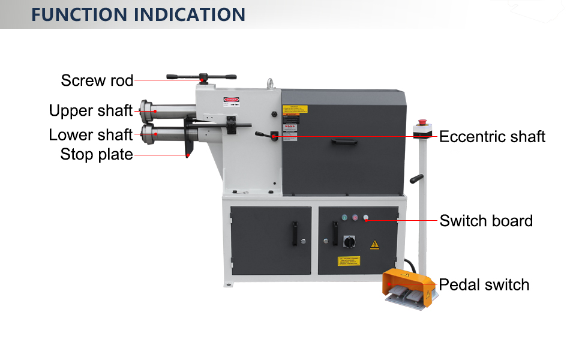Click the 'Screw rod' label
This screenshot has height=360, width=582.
point(97,80)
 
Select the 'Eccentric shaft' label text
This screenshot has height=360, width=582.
point(492,137)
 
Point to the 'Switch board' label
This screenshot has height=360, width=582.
point(486,221)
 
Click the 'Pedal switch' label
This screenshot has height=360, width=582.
point(484,284)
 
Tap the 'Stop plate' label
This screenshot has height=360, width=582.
point(97,155)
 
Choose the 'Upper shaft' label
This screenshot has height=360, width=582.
point(91,111)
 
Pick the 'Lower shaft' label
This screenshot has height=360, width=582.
point(91,134)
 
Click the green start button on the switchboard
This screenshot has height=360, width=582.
point(344,217)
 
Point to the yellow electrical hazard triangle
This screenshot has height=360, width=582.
point(375,244)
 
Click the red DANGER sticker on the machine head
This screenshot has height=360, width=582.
point(231,99)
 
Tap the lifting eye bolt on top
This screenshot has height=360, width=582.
point(271,84)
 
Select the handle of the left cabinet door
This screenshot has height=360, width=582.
point(294,233)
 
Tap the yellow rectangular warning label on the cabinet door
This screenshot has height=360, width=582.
point(349,262)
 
